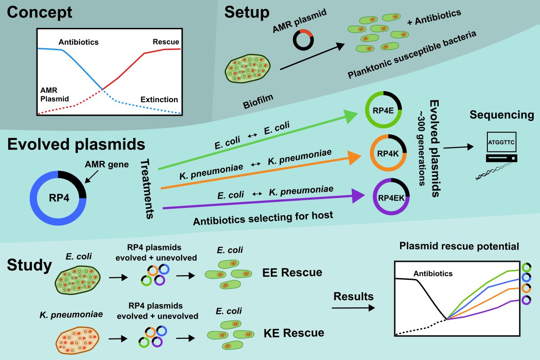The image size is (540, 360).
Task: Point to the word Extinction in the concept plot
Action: click(159, 99)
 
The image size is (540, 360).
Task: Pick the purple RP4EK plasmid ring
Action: click(391, 197)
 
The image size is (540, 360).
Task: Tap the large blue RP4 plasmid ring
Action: click(58, 198)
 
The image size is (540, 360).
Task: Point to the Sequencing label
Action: click(502, 115)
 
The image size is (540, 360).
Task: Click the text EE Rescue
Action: click(293, 272)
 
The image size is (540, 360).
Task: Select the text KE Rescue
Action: click(293, 333)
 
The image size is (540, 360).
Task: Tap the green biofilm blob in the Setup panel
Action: click(248, 69)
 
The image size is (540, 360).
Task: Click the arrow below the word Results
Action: click(353, 308)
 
